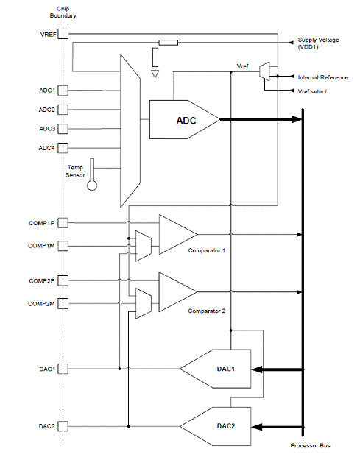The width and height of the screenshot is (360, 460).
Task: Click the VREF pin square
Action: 63,34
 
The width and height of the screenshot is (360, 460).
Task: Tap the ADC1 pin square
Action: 63,91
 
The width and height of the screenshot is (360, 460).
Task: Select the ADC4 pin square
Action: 63,148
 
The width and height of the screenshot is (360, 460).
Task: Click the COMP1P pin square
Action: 63,223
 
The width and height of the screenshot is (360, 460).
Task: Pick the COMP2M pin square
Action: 63,304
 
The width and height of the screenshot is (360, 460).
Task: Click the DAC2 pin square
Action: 63,426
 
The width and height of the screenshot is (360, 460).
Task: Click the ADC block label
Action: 186,121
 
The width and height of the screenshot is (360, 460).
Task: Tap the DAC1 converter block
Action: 216,369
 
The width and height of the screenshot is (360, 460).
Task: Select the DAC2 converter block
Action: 216,426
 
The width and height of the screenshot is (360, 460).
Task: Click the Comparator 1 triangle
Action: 178,234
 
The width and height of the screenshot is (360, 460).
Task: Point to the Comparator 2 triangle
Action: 178,292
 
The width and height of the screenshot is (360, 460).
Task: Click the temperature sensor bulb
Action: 92,185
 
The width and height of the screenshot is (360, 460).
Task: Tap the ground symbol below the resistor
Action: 155,74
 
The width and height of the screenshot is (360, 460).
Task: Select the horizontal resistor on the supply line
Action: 169,43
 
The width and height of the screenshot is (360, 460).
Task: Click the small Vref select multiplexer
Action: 264,71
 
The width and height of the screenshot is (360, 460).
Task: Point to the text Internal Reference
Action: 323,77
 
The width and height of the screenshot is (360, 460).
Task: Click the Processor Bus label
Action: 311,445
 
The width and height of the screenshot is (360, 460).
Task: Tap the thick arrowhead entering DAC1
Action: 257,369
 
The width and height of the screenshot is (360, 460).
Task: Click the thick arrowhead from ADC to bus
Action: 297,119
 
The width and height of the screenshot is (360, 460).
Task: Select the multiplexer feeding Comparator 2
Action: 144,303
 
